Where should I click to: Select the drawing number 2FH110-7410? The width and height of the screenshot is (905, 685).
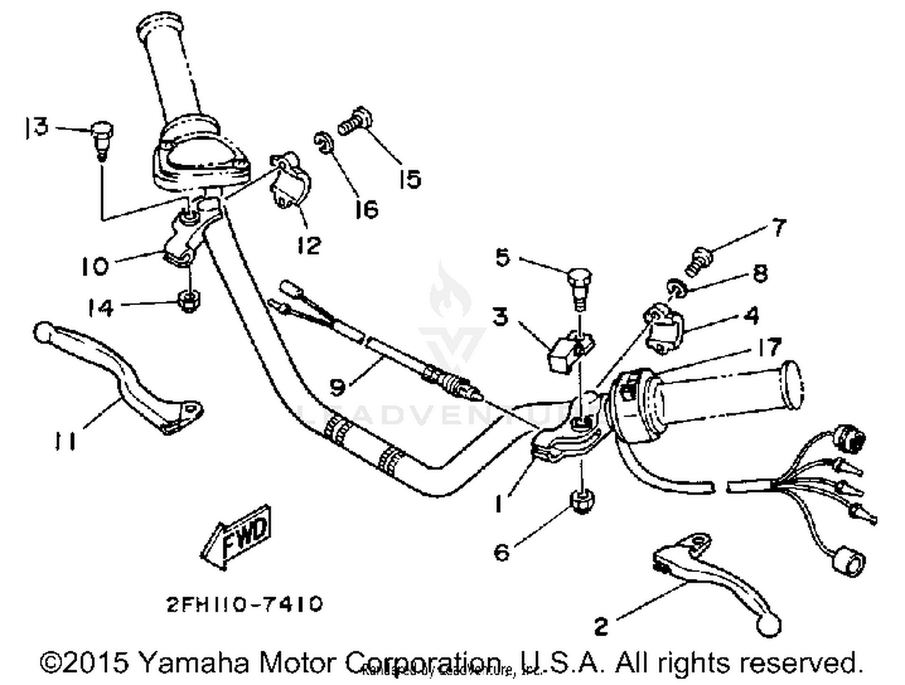244,604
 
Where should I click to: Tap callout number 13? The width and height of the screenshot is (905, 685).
36,127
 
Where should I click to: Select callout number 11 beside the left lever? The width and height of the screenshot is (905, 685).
65,441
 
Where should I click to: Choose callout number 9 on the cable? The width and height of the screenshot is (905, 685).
338,387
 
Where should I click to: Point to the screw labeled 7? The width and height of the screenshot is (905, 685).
700,259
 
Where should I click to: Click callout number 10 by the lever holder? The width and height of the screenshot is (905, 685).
95,266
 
